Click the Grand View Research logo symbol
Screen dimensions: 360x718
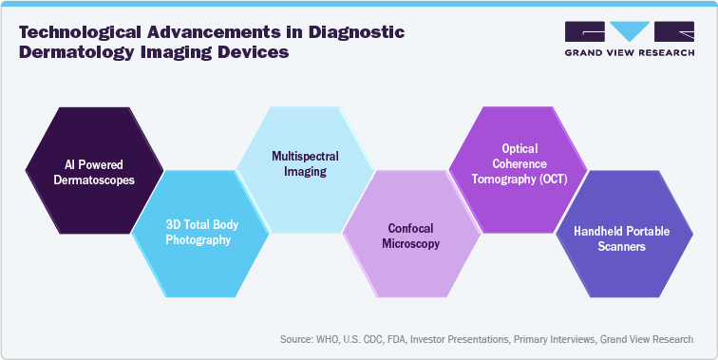(628, 31)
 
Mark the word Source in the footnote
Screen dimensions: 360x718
(298, 339)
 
